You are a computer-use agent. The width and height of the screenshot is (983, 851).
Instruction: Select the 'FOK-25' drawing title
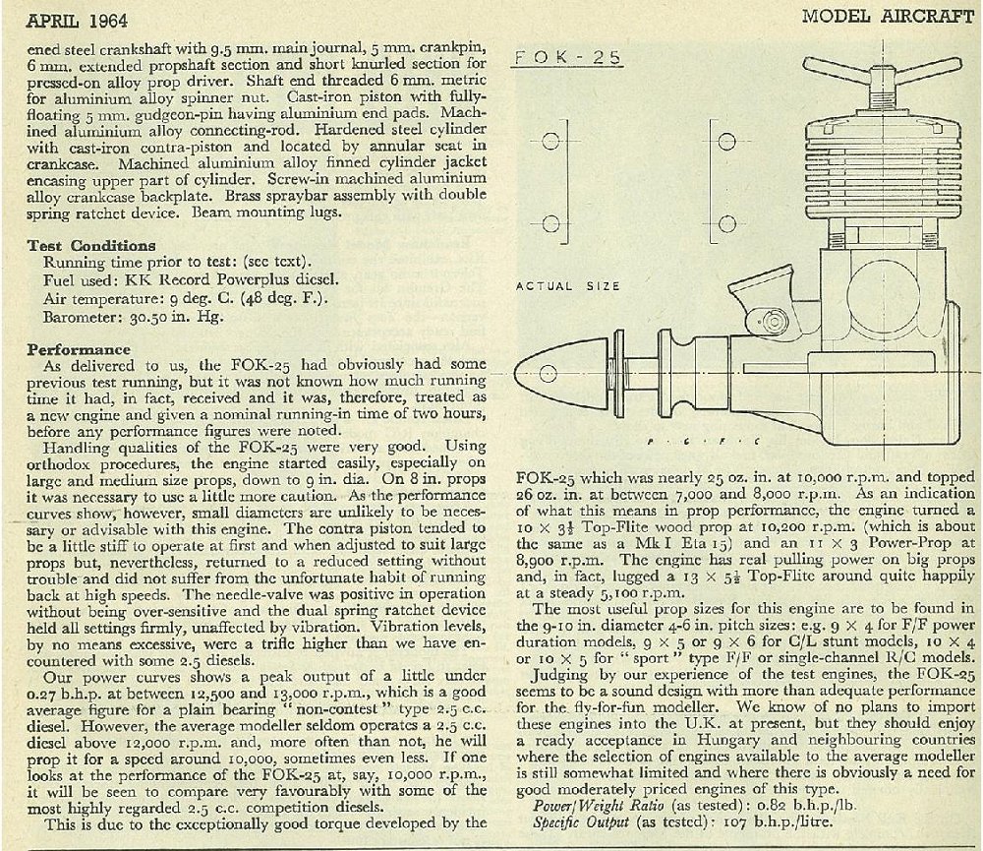pyautogui.click(x=567, y=58)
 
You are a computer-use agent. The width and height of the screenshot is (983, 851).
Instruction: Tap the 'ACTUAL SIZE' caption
pyautogui.click(x=568, y=286)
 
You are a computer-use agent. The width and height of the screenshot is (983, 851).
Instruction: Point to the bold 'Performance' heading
pyautogui.click(x=79, y=348)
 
